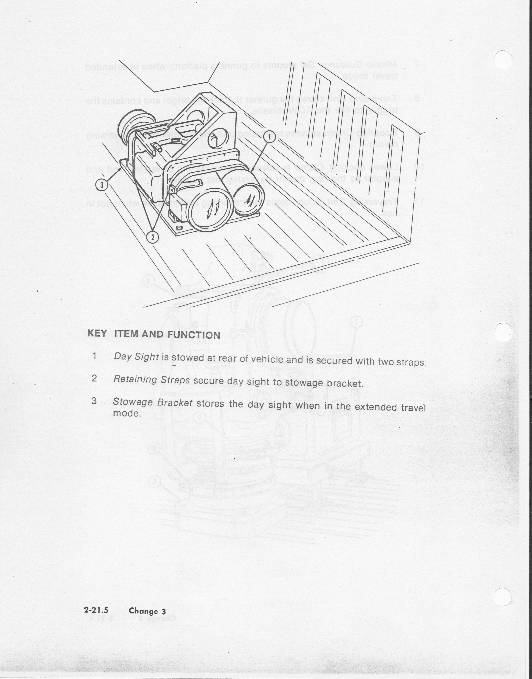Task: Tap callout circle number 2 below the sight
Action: (153, 237)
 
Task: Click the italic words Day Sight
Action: (136, 356)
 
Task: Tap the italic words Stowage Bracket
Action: (153, 402)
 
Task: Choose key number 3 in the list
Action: (94, 401)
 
